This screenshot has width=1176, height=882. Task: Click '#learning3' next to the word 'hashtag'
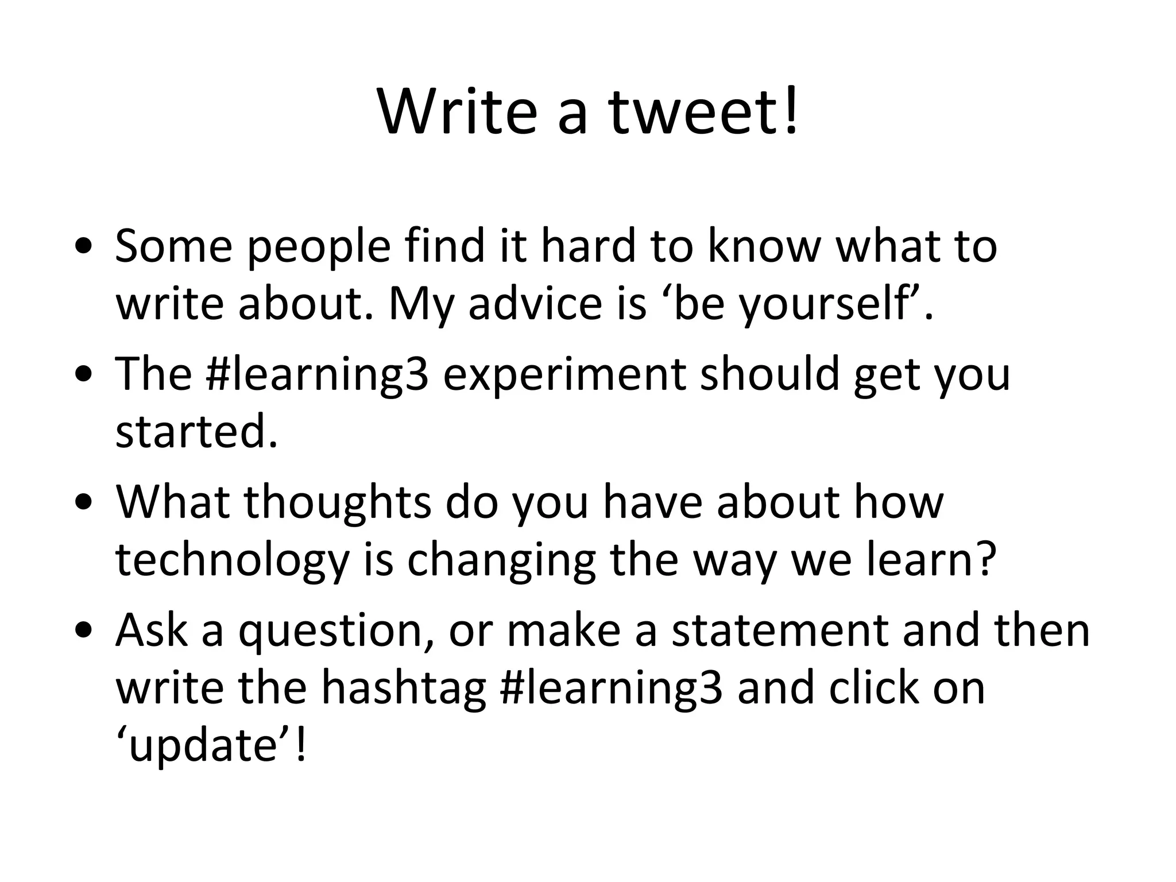click(612, 690)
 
